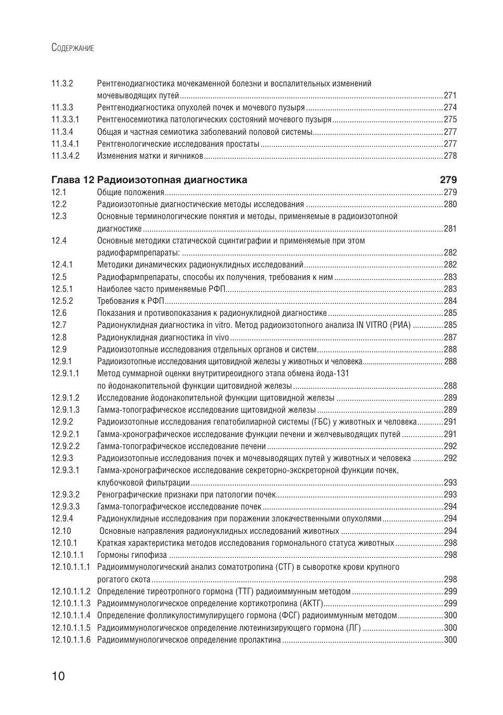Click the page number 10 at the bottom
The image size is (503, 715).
(58, 676)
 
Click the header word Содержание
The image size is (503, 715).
(73, 48)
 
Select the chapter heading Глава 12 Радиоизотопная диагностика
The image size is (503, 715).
(149, 180)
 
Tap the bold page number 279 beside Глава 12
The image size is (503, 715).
(448, 180)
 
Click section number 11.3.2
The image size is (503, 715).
(62, 83)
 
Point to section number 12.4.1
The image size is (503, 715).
(62, 265)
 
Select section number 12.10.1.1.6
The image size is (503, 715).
(71, 640)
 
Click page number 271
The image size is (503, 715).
(450, 96)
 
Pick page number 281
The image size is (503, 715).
(450, 228)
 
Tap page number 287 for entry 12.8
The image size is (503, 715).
(450, 337)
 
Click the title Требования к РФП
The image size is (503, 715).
(131, 301)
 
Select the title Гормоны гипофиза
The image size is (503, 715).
(132, 555)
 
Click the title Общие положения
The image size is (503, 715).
(131, 193)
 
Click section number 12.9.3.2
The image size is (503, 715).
(66, 494)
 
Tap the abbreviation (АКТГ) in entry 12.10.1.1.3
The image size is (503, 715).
(312, 604)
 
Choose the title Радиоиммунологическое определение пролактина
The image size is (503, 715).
(189, 640)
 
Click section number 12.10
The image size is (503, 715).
(61, 531)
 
